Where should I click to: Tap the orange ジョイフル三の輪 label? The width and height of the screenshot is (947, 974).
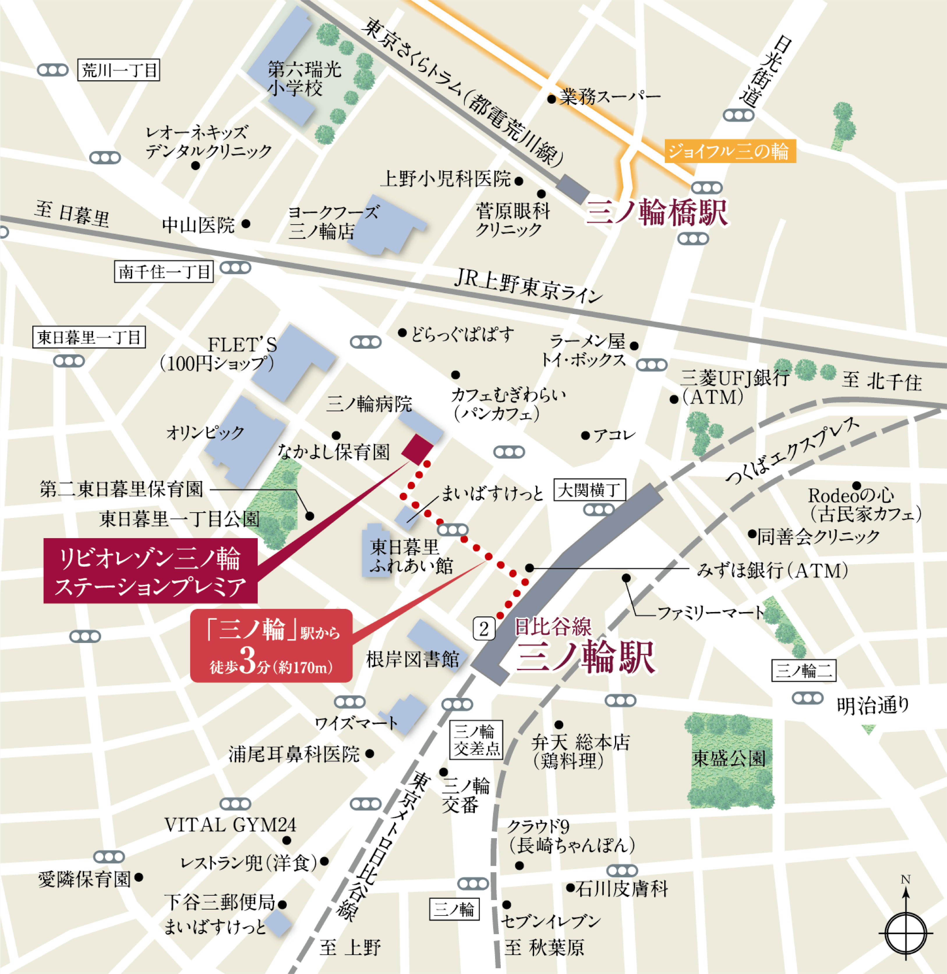[x=730, y=151]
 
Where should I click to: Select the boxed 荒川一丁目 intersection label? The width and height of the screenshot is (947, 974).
[x=119, y=70]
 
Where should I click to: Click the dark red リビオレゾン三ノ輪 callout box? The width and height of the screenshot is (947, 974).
[x=150, y=571]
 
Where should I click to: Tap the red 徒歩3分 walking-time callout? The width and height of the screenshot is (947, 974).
[x=272, y=646]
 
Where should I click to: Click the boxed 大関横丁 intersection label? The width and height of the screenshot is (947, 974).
[x=589, y=490]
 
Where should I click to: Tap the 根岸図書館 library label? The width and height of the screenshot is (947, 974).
[x=412, y=659]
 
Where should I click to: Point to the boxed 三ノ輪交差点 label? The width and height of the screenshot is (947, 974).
[x=476, y=739]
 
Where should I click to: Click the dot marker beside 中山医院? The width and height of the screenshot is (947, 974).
[x=246, y=224]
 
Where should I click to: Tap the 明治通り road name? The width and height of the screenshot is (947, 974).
[x=873, y=705]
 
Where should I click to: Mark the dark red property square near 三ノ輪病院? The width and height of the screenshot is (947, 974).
[x=417, y=448]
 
